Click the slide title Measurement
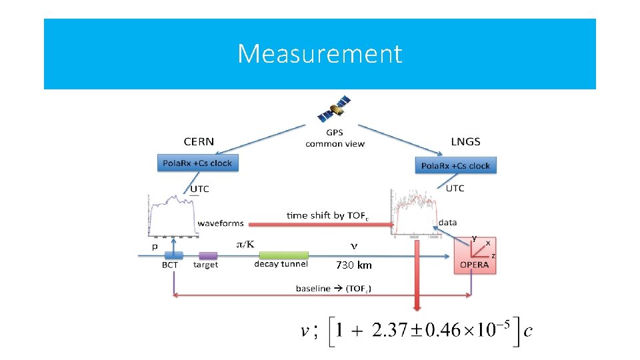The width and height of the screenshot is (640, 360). click(x=320, y=53)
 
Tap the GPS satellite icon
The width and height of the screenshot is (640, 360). click(x=335, y=110)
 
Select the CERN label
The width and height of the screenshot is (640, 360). click(x=199, y=141)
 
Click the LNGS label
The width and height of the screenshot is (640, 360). click(x=465, y=141)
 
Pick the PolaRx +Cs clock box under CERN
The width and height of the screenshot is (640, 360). click(x=198, y=163)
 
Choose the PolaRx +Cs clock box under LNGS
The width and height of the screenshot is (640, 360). click(x=456, y=165)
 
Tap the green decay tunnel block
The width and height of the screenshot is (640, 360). click(x=283, y=255)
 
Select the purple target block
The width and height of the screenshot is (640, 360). click(x=208, y=255)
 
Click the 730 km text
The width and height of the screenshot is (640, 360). click(x=354, y=265)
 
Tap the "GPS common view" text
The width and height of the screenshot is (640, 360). click(x=335, y=139)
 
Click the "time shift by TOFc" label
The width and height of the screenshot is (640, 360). click(x=327, y=215)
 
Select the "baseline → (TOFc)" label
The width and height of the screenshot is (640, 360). click(x=334, y=289)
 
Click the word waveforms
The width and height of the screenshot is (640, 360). click(x=221, y=223)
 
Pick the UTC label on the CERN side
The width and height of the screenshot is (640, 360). click(x=200, y=189)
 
